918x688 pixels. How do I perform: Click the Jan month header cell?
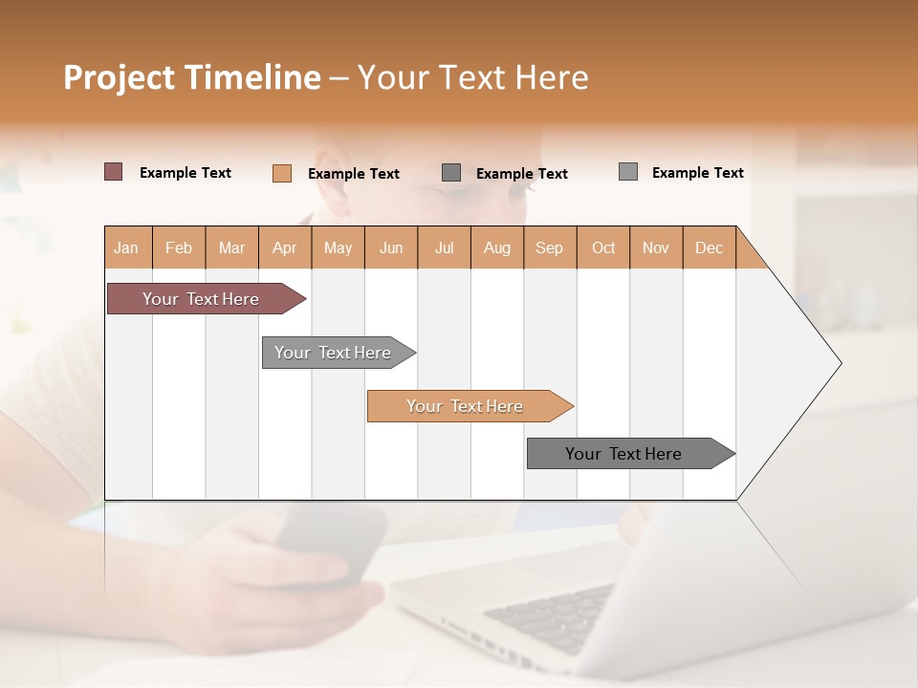(127, 247)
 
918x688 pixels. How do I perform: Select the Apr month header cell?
(285, 247)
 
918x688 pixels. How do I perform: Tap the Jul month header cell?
(444, 247)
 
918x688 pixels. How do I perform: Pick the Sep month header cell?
(550, 247)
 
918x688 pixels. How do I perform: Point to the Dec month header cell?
(709, 247)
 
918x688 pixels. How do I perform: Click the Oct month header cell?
(603, 247)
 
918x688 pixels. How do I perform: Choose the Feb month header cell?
(179, 247)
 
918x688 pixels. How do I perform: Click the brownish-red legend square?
(114, 172)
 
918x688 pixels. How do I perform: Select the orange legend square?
(282, 173)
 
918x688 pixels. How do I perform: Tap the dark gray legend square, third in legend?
(451, 172)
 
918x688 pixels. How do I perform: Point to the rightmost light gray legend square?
(628, 172)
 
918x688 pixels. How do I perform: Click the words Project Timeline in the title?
(191, 77)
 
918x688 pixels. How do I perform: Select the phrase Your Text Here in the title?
(472, 77)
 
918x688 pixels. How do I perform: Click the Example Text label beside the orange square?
(353, 174)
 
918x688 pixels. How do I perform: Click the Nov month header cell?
(656, 247)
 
